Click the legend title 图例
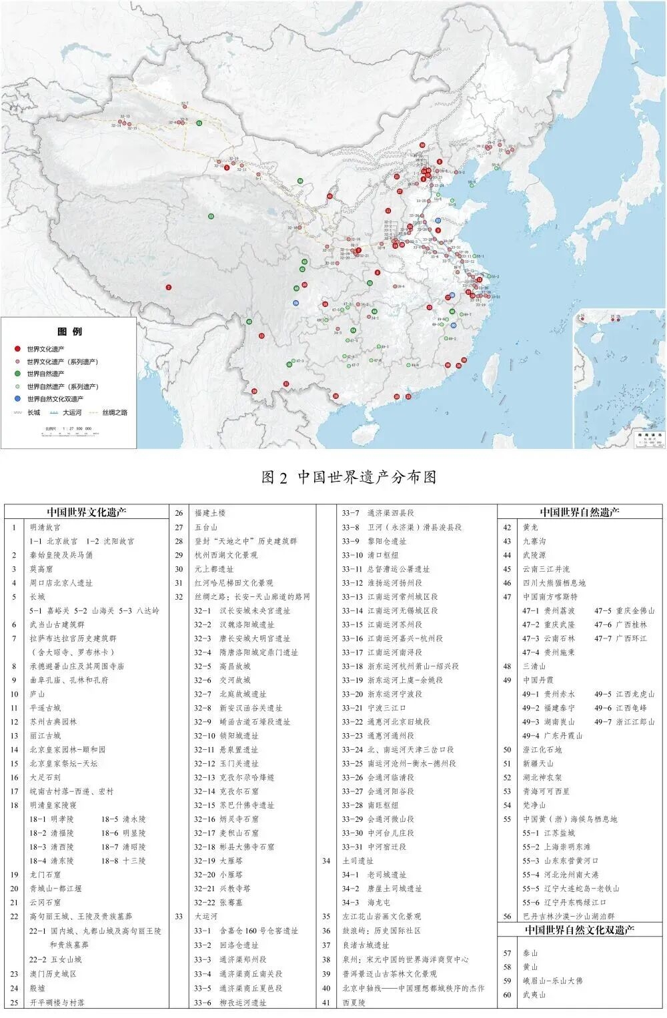coord(70,332)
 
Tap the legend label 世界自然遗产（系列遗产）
coord(63,386)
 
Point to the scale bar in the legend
coord(67,433)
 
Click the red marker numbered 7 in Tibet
coord(169,288)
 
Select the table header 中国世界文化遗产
coord(87,512)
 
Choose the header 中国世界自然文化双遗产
coord(579,930)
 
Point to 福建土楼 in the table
coord(210,513)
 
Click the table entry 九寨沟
coord(534,541)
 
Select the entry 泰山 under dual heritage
coord(530,953)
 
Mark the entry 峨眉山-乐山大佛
coord(553,981)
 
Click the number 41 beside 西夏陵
coord(326,1002)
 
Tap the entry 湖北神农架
coord(542,777)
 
